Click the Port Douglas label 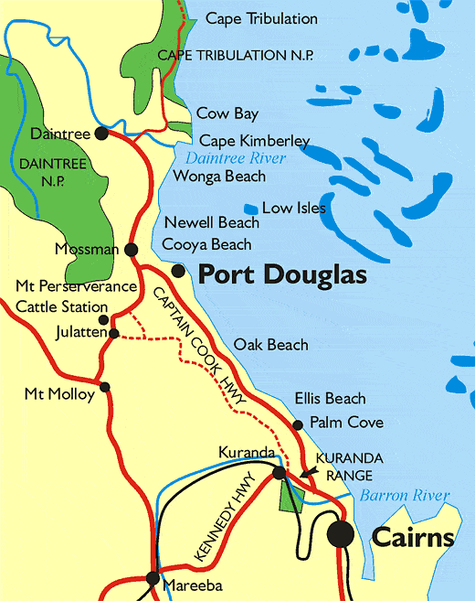(282, 274)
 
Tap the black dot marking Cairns (342, 534)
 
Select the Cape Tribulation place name (261, 18)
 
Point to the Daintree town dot (100, 134)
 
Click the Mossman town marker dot (132, 249)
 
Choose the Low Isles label (293, 209)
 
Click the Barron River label (404, 497)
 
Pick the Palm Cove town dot (298, 424)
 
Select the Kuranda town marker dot (279, 473)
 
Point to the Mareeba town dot (153, 578)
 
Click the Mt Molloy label (59, 395)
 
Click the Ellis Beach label (330, 399)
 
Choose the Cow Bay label (227, 114)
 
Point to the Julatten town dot (113, 334)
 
